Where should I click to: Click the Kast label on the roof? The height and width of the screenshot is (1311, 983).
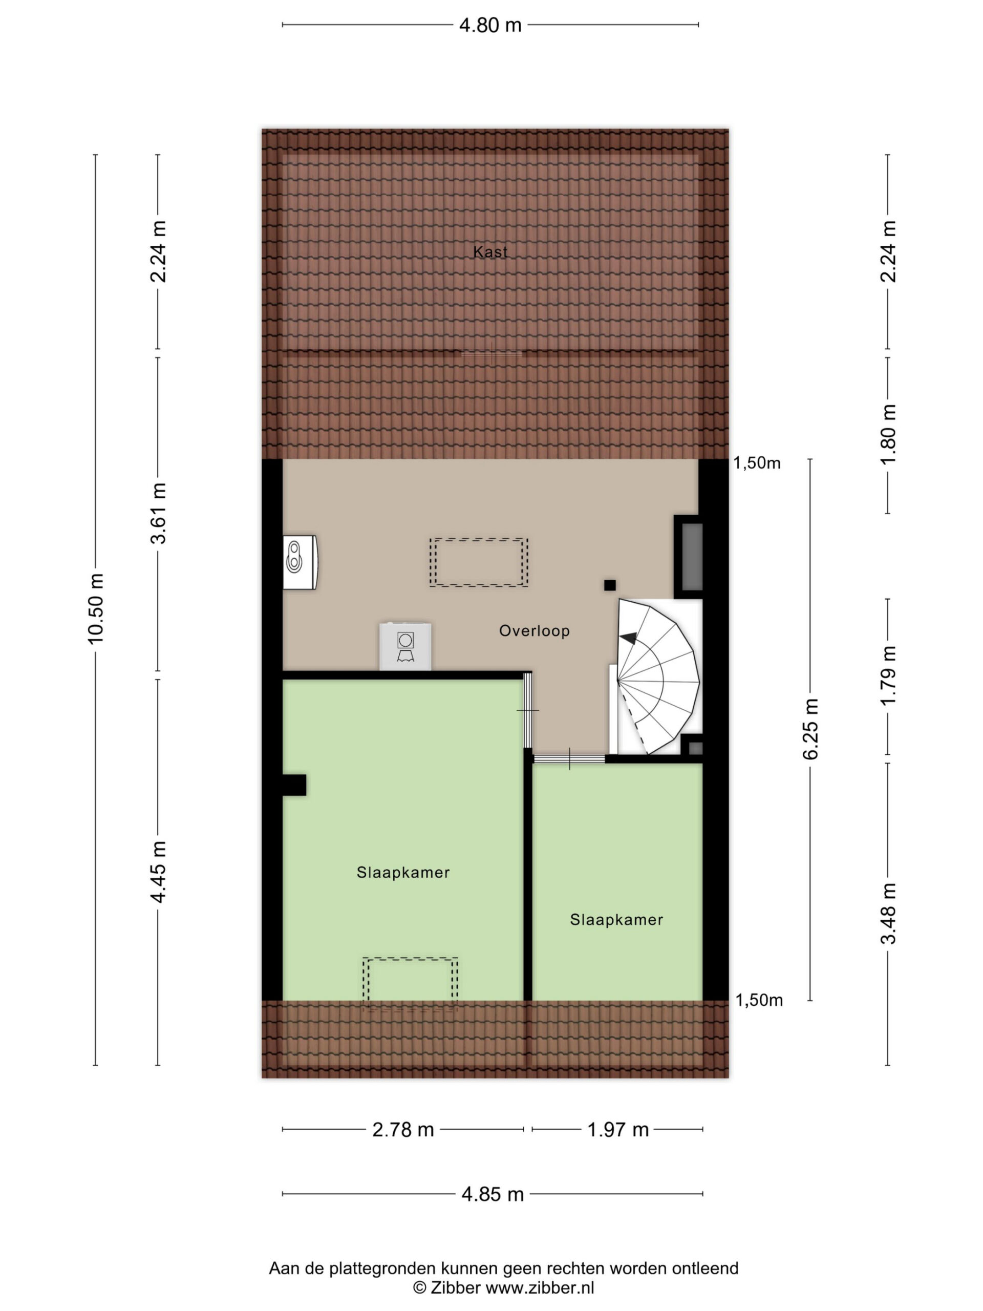490,252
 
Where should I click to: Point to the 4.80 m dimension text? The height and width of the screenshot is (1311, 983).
490,25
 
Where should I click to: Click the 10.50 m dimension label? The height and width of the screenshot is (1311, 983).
95,609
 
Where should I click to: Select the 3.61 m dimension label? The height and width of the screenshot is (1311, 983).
158,514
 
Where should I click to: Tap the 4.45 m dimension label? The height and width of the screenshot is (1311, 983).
158,872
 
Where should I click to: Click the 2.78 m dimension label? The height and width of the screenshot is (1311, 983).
403,1130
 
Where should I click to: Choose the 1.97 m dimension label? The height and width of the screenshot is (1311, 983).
618,1130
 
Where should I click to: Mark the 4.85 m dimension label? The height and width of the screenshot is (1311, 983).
493,1194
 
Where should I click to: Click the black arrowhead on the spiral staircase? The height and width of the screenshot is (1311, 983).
629,638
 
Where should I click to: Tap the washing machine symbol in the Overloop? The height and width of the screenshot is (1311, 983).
405,647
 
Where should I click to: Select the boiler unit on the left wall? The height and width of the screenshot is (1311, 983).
300,562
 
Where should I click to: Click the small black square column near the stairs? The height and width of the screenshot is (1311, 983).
610,585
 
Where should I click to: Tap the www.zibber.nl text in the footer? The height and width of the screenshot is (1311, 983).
539,1288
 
